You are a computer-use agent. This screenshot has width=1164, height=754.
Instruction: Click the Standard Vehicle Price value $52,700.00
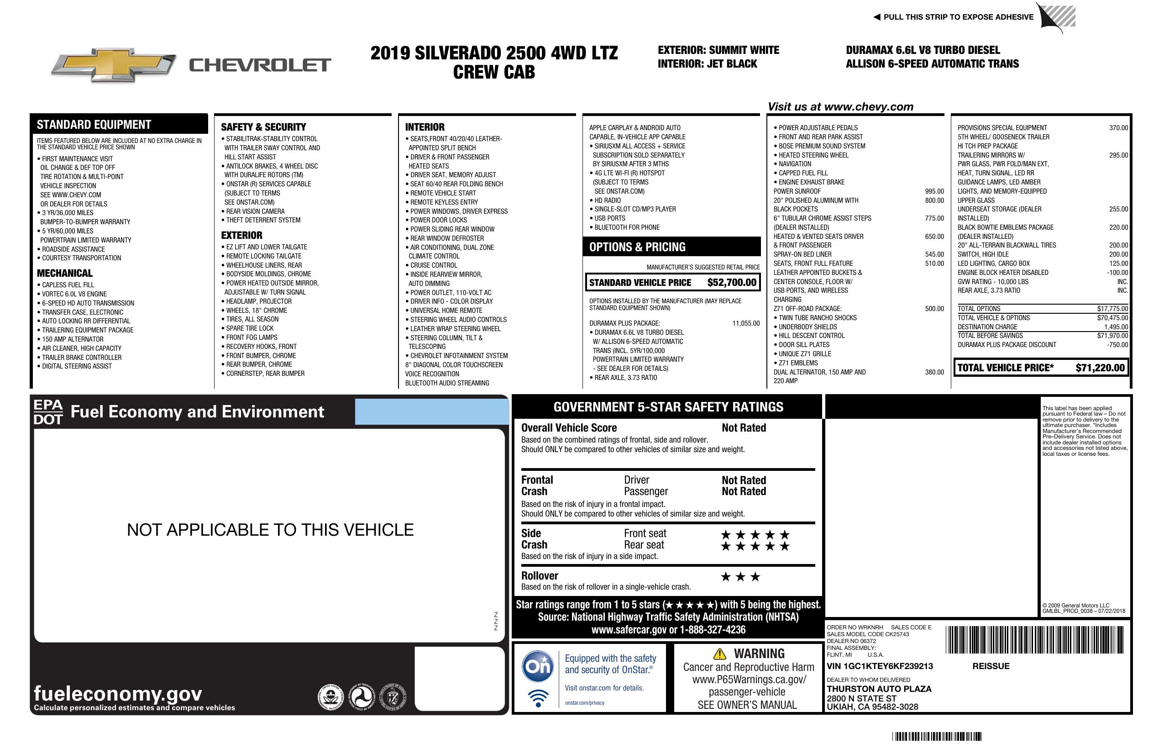pyautogui.click(x=732, y=282)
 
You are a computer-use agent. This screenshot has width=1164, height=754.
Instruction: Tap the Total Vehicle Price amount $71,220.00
pyautogui.click(x=1100, y=368)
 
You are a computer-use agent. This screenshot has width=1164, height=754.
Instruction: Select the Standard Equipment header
pyautogui.click(x=94, y=124)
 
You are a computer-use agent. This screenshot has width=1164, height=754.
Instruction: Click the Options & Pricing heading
pyautogui.click(x=637, y=247)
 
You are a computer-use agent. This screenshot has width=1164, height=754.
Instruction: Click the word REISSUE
pyautogui.click(x=991, y=666)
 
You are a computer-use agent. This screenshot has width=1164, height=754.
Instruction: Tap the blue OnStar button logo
pyautogui.click(x=538, y=666)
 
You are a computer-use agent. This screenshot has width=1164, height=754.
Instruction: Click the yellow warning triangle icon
pyautogui.click(x=719, y=654)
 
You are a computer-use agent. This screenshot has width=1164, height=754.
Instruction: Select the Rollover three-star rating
pyautogui.click(x=740, y=576)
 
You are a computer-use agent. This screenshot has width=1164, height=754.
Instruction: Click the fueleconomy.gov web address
pyautogui.click(x=118, y=693)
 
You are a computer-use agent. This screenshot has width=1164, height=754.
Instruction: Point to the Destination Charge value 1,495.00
pyautogui.click(x=1116, y=327)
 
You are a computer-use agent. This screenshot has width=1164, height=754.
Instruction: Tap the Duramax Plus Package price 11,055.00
pyautogui.click(x=746, y=323)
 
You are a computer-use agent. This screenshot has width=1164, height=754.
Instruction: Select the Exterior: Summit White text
pyautogui.click(x=718, y=50)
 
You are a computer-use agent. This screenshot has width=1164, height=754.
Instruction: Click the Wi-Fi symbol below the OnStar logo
pyautogui.click(x=538, y=698)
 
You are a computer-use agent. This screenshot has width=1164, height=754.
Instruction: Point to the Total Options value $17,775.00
pyautogui.click(x=1112, y=309)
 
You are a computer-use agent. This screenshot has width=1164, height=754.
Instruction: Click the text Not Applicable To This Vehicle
pyautogui.click(x=270, y=530)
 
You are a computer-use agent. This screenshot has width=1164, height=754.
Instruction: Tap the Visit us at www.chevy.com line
pyautogui.click(x=840, y=107)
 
